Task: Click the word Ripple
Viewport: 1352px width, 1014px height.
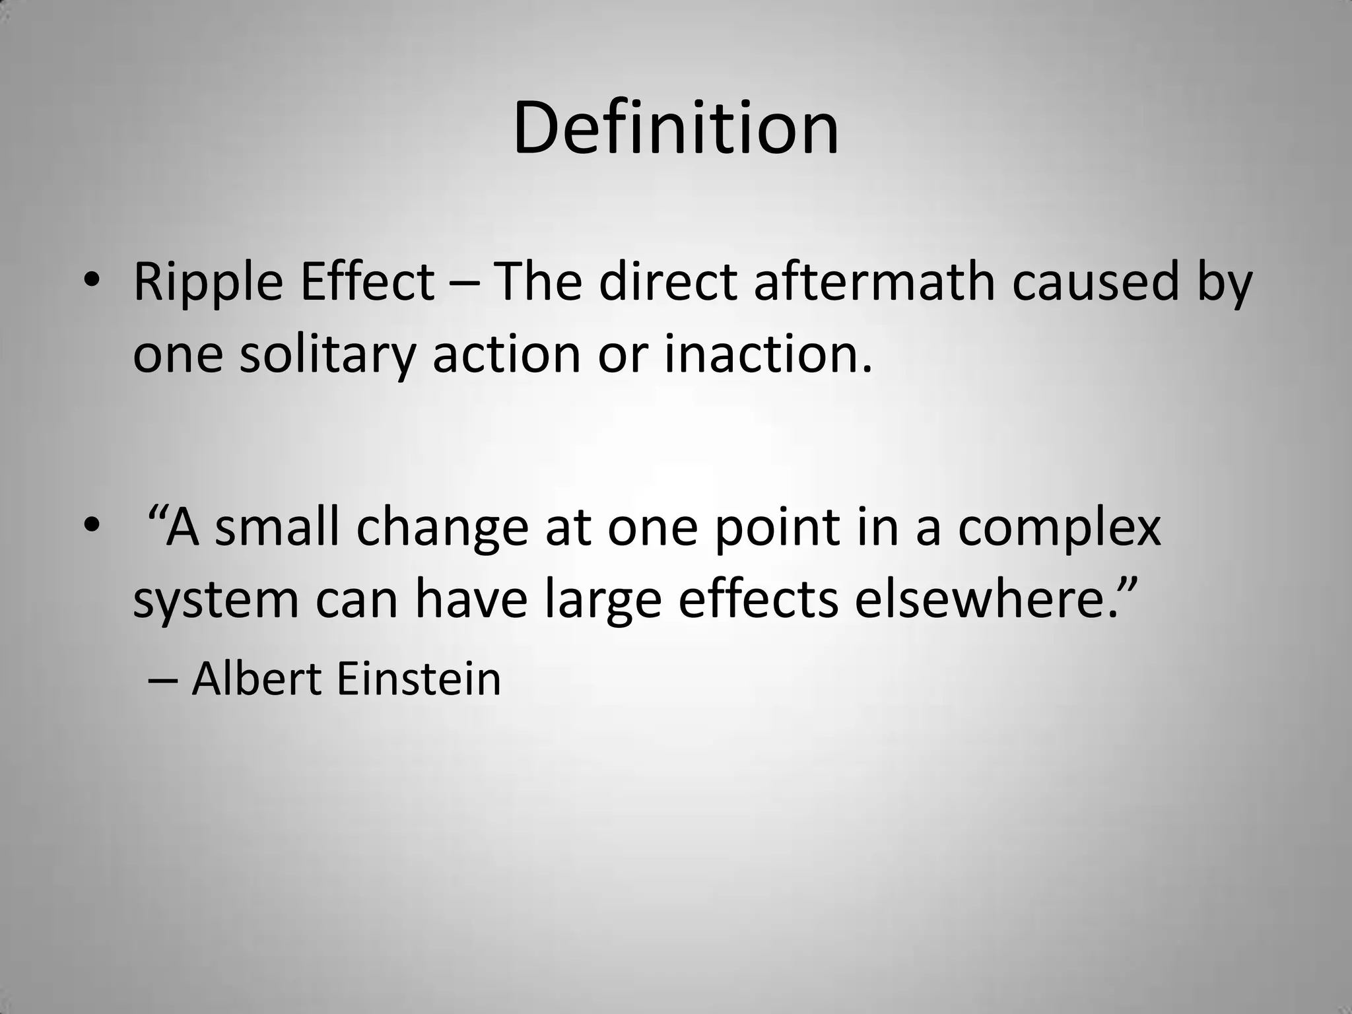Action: pos(209,283)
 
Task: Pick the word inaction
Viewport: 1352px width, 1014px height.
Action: pos(768,355)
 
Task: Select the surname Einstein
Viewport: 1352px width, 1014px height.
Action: pos(419,679)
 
